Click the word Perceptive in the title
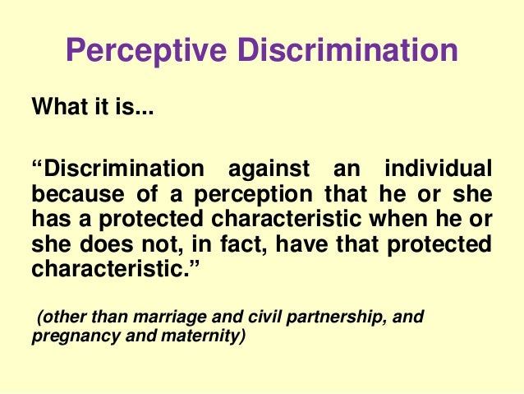click(141, 51)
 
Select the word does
click(112, 245)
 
